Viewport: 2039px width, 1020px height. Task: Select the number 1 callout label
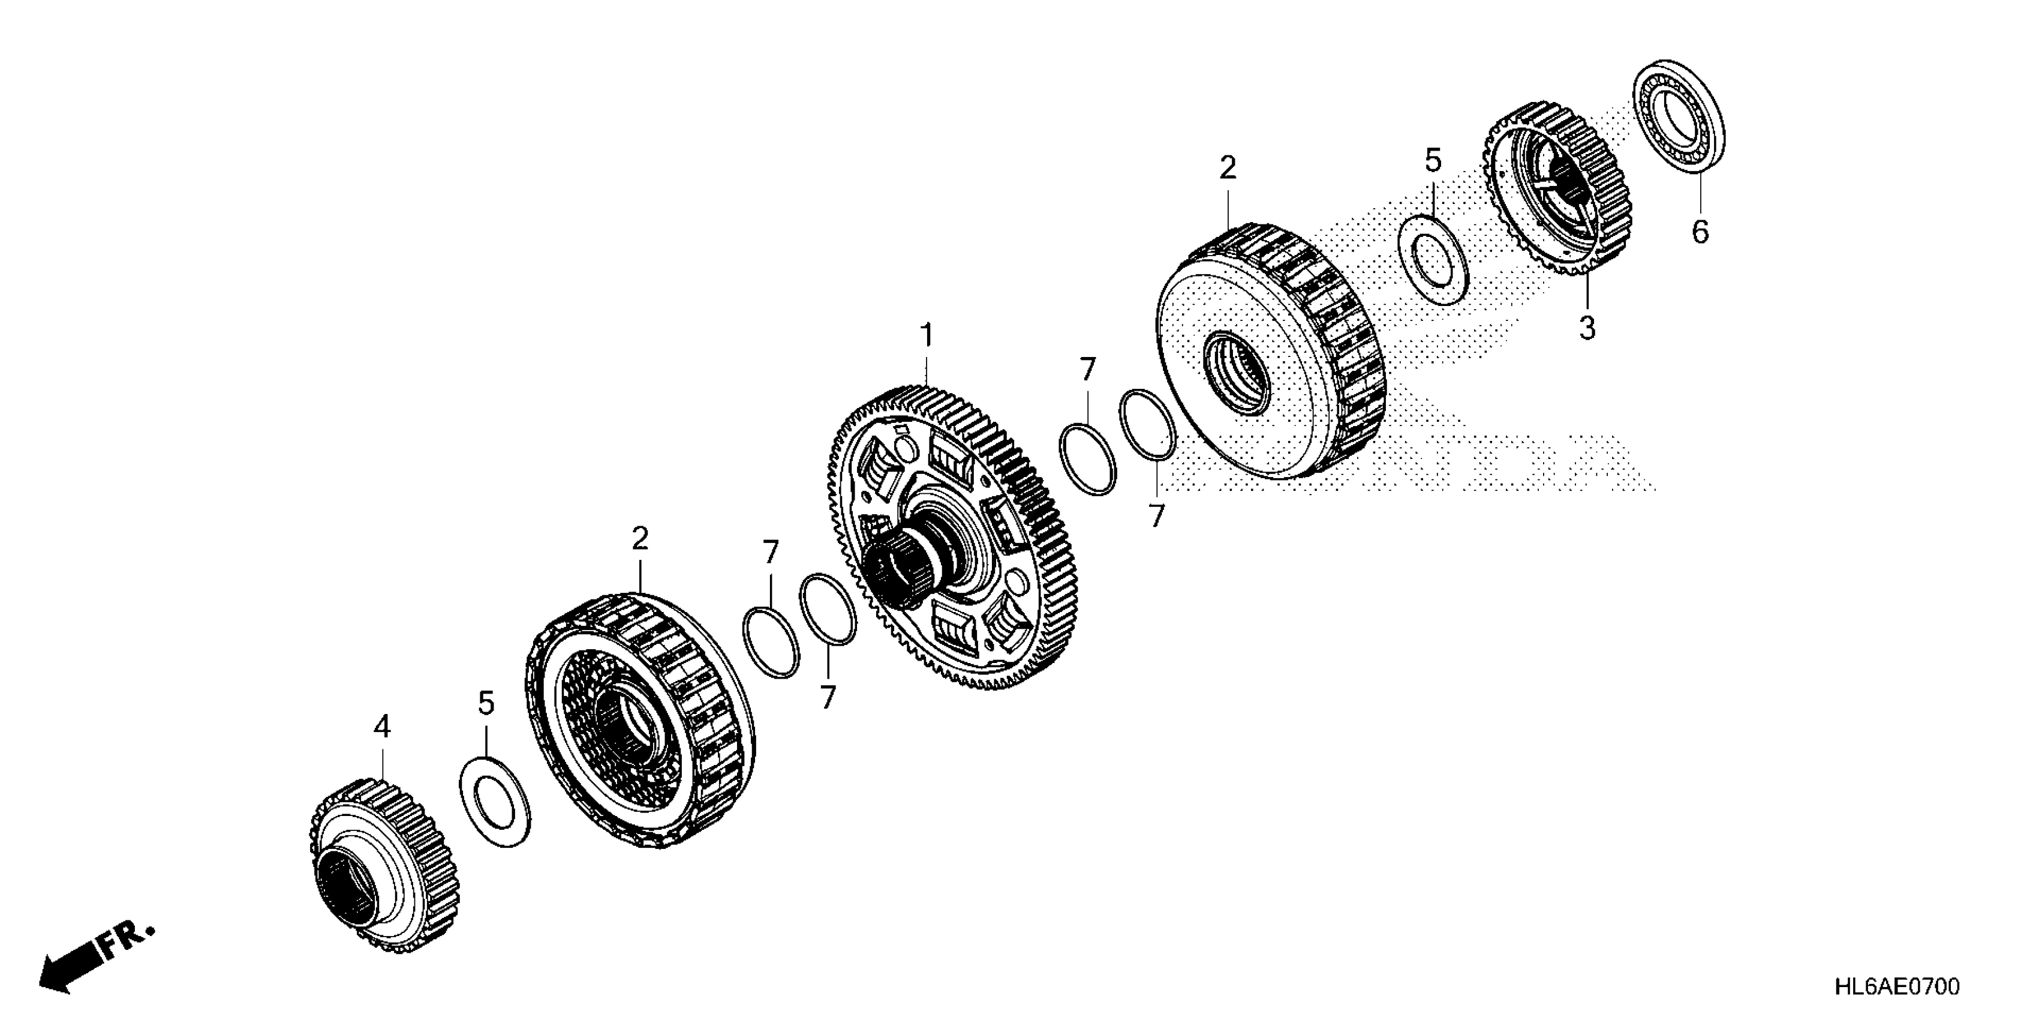click(926, 336)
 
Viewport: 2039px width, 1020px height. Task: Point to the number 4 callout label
click(383, 726)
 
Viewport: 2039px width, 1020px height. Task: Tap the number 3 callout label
click(1587, 327)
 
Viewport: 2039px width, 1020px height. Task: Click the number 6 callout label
click(1700, 232)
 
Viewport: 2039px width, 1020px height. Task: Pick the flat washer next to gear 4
click(495, 802)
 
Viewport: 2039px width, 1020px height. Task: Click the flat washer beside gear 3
click(1434, 259)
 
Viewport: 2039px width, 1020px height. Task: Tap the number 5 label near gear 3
click(1433, 161)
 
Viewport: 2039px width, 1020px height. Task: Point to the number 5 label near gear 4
click(486, 703)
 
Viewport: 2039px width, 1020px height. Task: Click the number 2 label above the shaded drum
click(1228, 168)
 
